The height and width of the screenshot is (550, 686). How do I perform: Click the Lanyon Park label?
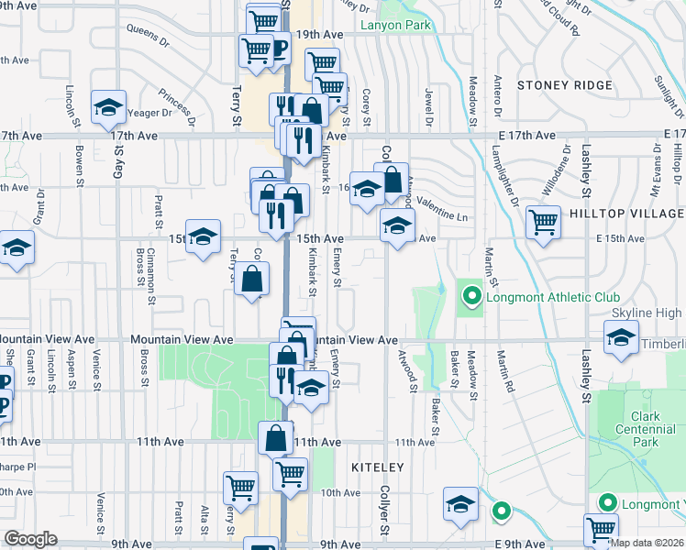coord(395,26)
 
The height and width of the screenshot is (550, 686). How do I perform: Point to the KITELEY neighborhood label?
coord(377,467)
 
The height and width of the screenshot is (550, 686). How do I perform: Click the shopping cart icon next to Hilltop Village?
coord(544,221)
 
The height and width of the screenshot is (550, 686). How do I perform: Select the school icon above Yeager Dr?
coord(108,107)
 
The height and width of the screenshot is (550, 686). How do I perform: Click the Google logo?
coord(30,539)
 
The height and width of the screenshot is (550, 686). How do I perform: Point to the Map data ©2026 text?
coord(647,543)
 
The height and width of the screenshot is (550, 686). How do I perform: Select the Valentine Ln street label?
coord(443,208)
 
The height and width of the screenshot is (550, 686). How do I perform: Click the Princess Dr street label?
coord(175,106)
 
